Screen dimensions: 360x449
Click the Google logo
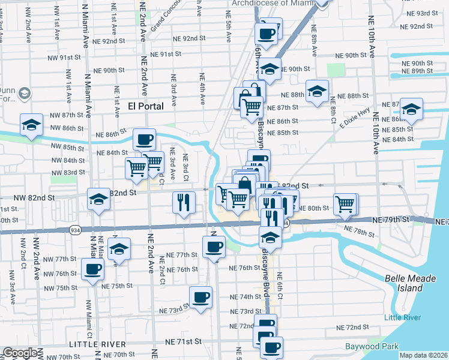pyautogui.click(x=20, y=353)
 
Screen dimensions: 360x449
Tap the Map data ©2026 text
pyautogui.click(x=424, y=355)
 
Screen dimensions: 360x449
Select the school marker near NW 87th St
pyautogui.click(x=31, y=124)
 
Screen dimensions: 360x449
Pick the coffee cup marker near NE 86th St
pyautogui.click(x=144, y=139)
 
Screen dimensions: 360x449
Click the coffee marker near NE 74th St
pyautogui.click(x=200, y=296)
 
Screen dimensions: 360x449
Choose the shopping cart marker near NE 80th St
pyautogui.click(x=345, y=204)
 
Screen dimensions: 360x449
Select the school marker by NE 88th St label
pyautogui.click(x=316, y=91)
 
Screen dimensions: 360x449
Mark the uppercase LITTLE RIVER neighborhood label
pyautogui.click(x=97, y=344)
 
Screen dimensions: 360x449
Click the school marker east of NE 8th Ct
pyautogui.click(x=411, y=110)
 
